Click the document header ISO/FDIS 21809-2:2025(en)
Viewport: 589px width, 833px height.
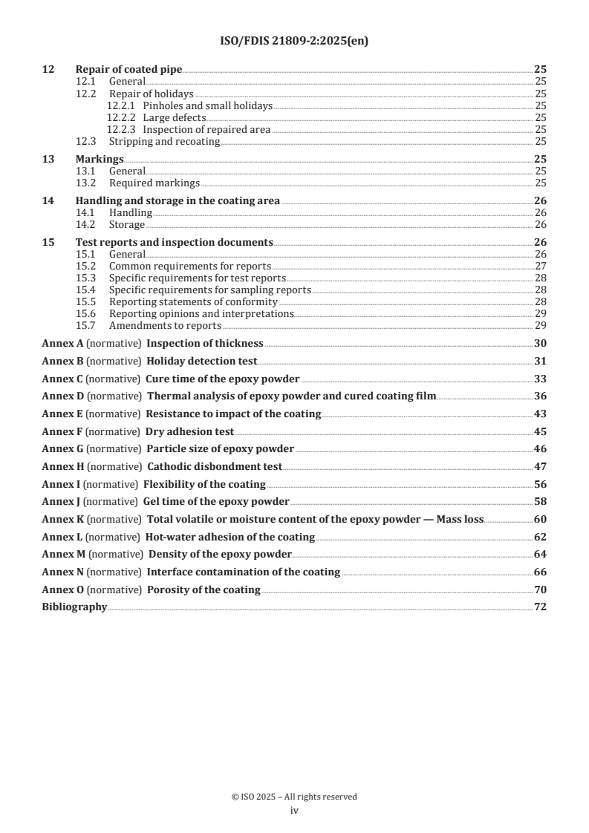click(x=294, y=42)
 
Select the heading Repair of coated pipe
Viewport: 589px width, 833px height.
click(x=128, y=69)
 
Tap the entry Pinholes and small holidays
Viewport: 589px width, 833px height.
click(x=207, y=106)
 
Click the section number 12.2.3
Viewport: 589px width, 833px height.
click(x=122, y=129)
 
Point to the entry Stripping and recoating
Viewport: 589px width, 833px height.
click(x=164, y=141)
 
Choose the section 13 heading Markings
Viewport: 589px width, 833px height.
click(x=100, y=160)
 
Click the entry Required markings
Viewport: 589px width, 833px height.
click(x=154, y=183)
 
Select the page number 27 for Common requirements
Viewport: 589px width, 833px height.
click(x=540, y=266)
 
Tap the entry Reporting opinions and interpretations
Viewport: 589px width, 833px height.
click(x=201, y=314)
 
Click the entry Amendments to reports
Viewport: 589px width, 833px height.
click(x=165, y=326)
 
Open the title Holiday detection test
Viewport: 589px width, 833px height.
click(x=202, y=361)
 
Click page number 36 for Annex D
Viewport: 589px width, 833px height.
click(x=540, y=396)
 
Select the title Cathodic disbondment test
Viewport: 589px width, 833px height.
click(x=215, y=467)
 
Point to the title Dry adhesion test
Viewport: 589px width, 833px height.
click(x=189, y=431)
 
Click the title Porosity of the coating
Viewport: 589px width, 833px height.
click(x=204, y=590)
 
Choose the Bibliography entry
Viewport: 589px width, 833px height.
click(x=74, y=607)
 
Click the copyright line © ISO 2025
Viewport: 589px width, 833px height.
click(x=294, y=797)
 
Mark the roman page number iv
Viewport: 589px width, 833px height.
click(x=294, y=811)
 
